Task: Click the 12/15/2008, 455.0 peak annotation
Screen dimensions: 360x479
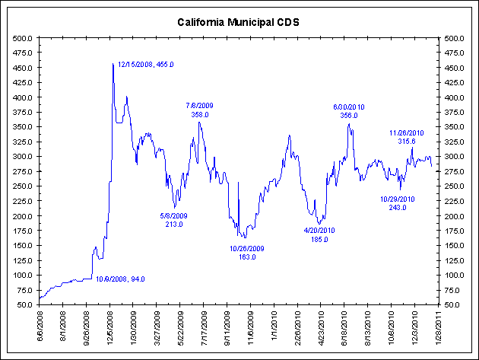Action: (x=145, y=65)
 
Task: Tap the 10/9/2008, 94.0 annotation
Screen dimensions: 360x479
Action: (x=119, y=279)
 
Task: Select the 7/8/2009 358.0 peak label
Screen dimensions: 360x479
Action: (x=200, y=110)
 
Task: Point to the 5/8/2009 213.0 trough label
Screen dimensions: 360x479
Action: (x=174, y=220)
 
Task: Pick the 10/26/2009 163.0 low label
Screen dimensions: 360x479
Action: (x=247, y=253)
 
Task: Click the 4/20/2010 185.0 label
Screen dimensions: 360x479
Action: (x=320, y=234)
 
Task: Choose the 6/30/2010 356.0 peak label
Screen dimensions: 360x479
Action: (x=349, y=111)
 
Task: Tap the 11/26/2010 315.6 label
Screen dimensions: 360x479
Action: (x=408, y=137)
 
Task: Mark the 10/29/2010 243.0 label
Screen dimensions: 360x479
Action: (x=398, y=203)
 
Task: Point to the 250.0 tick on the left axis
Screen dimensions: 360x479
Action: (x=21, y=186)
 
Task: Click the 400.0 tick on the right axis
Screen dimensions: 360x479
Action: (x=454, y=97)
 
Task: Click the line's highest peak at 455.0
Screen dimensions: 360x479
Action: (x=113, y=64)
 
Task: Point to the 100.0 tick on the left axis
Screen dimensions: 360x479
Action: (x=21, y=275)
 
